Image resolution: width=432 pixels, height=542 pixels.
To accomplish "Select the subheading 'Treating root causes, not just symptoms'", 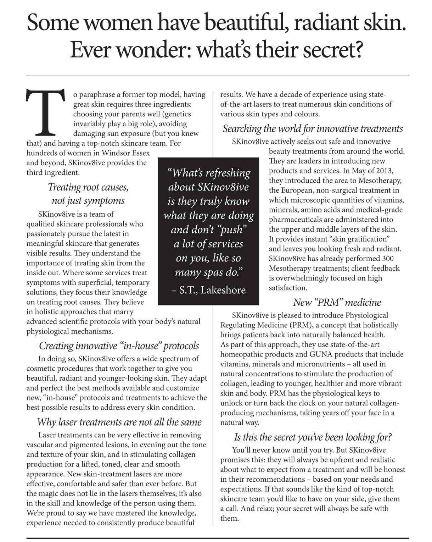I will (88, 194).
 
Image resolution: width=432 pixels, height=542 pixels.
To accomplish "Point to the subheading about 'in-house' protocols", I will (119, 345).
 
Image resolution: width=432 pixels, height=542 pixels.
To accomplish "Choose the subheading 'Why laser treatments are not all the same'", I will (119, 422).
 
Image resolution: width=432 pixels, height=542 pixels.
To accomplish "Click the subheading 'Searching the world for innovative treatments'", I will (313, 128).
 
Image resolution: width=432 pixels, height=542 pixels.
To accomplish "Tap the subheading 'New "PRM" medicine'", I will (337, 302).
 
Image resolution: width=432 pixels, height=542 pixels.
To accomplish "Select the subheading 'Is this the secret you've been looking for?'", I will (313, 437).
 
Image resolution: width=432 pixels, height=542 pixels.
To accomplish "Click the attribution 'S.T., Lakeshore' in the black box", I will (208, 290).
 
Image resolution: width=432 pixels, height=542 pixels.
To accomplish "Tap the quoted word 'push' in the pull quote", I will (231, 230).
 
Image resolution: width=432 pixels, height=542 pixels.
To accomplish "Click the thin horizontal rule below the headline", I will (218, 75).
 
